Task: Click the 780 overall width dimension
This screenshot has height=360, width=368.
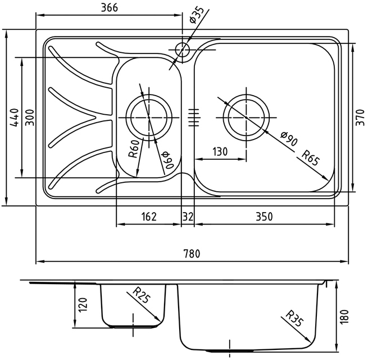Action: [192, 254]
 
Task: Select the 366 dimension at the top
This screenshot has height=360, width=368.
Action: [110, 8]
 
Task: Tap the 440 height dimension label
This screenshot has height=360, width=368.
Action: [15, 118]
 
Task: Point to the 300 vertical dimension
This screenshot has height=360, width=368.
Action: [30, 118]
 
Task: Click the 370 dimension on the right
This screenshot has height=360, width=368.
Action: [360, 118]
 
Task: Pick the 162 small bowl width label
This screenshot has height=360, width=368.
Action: [149, 217]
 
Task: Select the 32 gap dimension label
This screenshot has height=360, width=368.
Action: [188, 217]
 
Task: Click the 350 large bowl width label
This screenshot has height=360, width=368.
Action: [264, 217]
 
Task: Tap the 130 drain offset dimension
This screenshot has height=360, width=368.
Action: [220, 151]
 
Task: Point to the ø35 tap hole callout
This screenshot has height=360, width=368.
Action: [197, 16]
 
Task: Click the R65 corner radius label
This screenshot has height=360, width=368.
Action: [311, 158]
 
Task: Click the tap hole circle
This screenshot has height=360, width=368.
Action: [182, 50]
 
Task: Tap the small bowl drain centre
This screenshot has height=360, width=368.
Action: [149, 118]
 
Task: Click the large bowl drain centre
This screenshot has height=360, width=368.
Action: [246, 118]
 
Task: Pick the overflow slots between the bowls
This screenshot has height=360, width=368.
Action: [194, 118]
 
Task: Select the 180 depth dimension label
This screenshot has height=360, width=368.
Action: [344, 317]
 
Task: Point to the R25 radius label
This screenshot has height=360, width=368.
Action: [141, 295]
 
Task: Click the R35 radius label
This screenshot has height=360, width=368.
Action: [295, 318]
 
